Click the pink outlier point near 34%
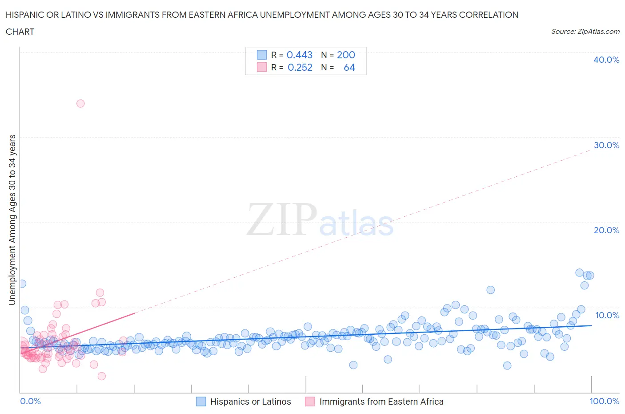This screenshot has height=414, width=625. click(80, 103)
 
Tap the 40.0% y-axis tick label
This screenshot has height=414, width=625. click(606, 60)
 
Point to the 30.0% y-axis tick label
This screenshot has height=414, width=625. click(606, 145)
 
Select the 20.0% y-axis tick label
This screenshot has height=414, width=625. click(606, 230)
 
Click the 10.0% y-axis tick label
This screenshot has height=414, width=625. click(607, 315)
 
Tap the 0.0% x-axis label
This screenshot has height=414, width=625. click(30, 401)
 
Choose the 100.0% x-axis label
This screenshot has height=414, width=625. click(604, 401)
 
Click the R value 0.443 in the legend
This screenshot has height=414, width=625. click(299, 55)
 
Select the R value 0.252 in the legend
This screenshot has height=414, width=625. click(300, 67)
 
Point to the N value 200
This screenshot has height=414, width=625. click(346, 55)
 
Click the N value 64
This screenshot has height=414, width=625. click(349, 67)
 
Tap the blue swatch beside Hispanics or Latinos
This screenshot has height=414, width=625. click(201, 402)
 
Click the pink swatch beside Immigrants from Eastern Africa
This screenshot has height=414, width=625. click(310, 402)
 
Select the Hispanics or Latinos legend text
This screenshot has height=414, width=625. click(250, 402)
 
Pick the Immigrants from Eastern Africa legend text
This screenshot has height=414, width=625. click(381, 402)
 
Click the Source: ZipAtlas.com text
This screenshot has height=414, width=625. click(585, 31)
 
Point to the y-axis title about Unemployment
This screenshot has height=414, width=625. click(12, 219)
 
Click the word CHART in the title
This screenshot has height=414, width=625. click(20, 32)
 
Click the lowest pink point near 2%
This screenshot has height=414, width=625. click(101, 376)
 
